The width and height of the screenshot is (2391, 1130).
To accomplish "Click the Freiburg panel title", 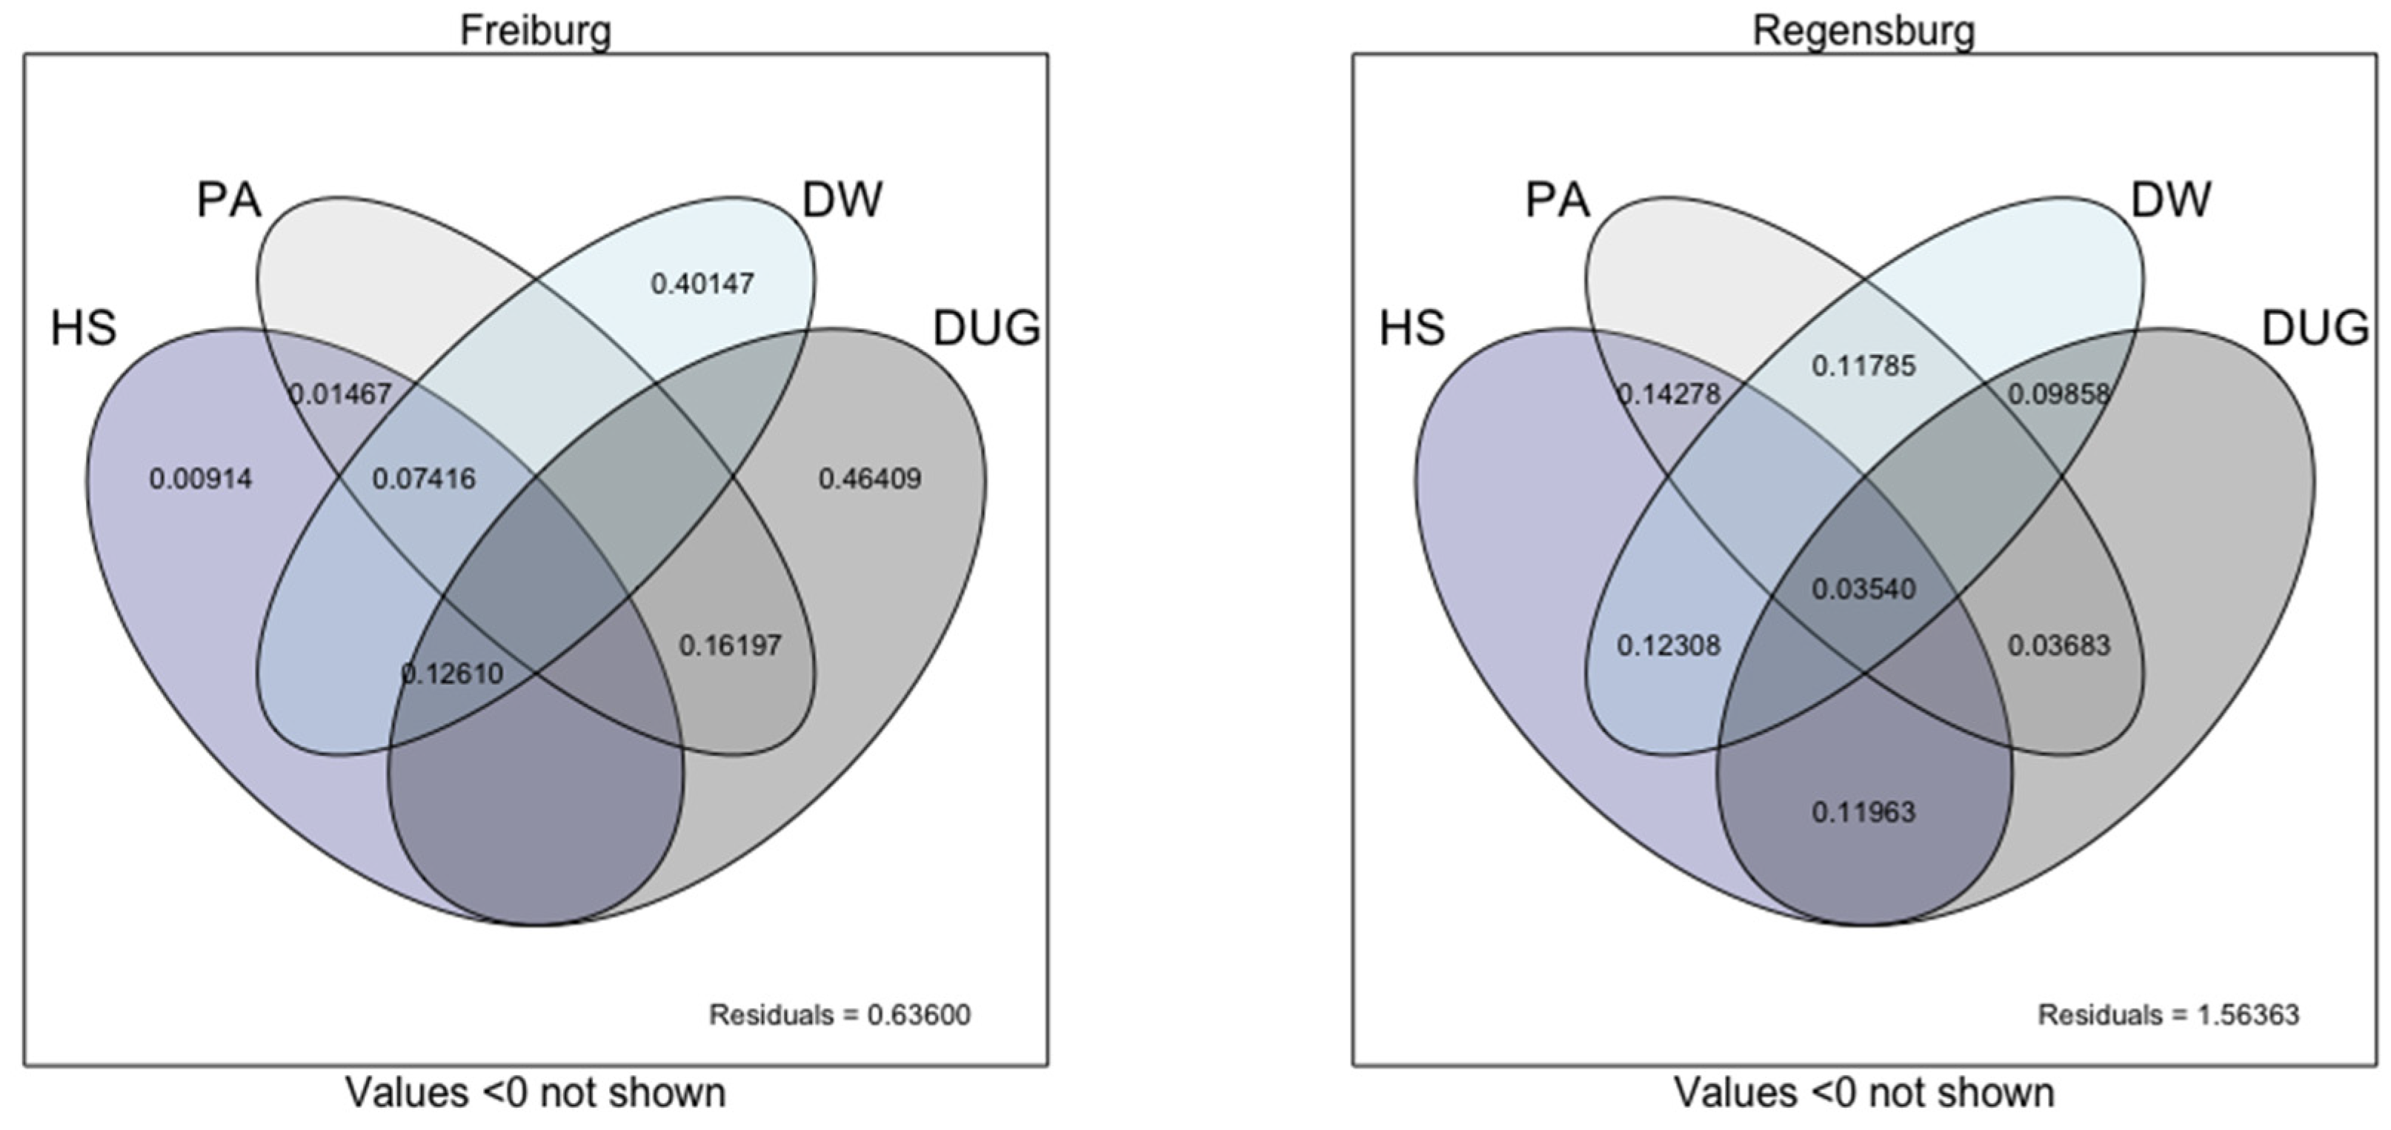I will (536, 30).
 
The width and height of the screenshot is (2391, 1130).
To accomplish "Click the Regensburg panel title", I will (1863, 30).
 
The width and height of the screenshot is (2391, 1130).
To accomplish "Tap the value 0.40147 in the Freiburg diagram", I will (702, 283).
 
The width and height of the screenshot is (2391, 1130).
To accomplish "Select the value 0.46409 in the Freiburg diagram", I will (870, 479).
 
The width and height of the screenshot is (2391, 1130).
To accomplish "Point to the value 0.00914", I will (201, 479).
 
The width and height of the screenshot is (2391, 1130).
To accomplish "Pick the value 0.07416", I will (423, 479).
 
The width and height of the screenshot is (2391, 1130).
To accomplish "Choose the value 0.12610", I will (452, 673).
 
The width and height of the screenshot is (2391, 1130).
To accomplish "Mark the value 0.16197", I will (730, 645).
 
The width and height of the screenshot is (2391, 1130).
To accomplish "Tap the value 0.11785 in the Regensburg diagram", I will (1863, 366).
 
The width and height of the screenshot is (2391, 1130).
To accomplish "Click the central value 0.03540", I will (1863, 588).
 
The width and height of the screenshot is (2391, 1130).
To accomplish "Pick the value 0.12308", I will (1668, 645).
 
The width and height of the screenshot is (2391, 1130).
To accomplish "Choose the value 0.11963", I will (1863, 812).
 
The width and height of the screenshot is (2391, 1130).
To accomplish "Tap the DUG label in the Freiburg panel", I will (985, 328).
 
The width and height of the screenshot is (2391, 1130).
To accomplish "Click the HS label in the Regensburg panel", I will (1411, 328).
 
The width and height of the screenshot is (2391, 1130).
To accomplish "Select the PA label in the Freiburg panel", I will (229, 199).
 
